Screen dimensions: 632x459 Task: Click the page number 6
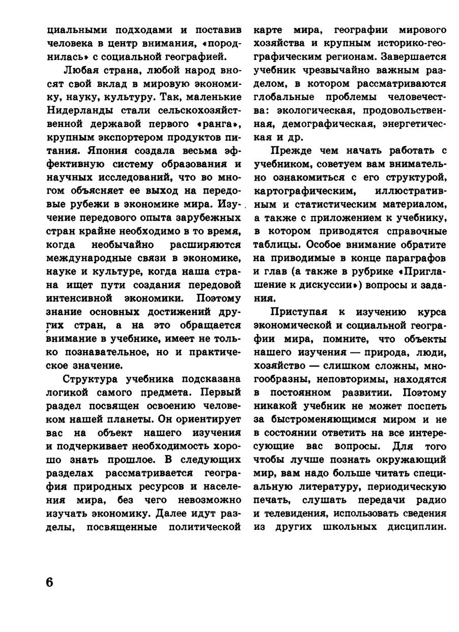tap(49, 582)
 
